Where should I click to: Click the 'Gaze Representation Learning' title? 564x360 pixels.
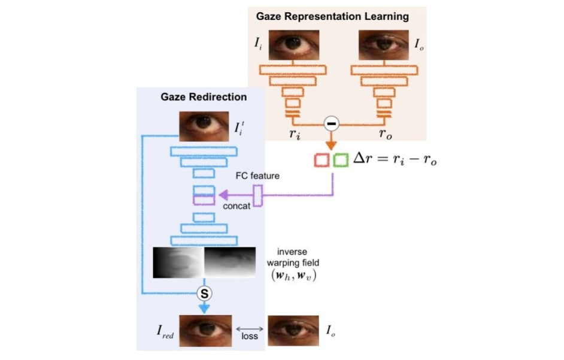click(x=332, y=16)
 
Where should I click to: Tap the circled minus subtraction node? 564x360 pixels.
click(x=331, y=123)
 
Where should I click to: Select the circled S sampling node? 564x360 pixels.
click(x=204, y=293)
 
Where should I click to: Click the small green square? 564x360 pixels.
click(x=341, y=161)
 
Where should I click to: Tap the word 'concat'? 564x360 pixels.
click(x=236, y=207)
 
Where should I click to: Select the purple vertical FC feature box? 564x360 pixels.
click(x=258, y=196)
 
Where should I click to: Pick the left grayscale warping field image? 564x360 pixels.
click(x=178, y=262)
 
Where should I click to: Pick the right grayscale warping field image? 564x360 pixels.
click(x=230, y=262)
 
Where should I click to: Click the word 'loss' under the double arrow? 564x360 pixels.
click(x=249, y=336)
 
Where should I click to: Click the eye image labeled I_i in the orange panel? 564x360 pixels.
click(x=293, y=45)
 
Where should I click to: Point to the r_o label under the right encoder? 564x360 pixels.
click(x=386, y=134)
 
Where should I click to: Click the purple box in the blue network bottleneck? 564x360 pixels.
click(x=204, y=199)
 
